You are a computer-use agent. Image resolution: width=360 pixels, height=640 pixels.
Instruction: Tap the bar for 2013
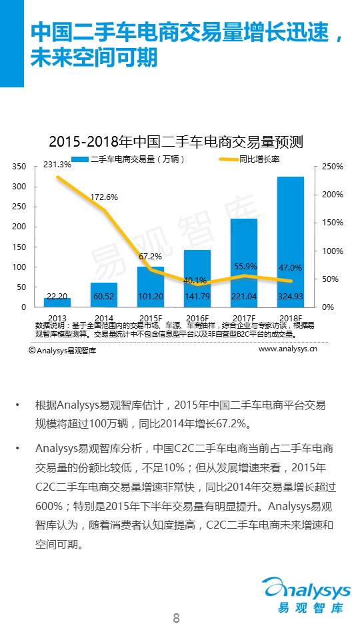pos(57,302)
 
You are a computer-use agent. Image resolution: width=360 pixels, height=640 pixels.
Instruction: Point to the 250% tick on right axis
pos(332,166)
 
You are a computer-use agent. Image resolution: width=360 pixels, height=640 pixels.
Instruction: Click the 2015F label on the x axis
pos(150,319)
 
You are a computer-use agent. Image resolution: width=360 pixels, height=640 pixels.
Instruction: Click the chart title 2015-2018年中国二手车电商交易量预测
pos(176,142)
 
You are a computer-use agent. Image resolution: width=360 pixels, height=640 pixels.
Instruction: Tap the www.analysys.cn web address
pos(287,348)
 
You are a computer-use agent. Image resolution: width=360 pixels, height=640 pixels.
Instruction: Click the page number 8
pos(176,617)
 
